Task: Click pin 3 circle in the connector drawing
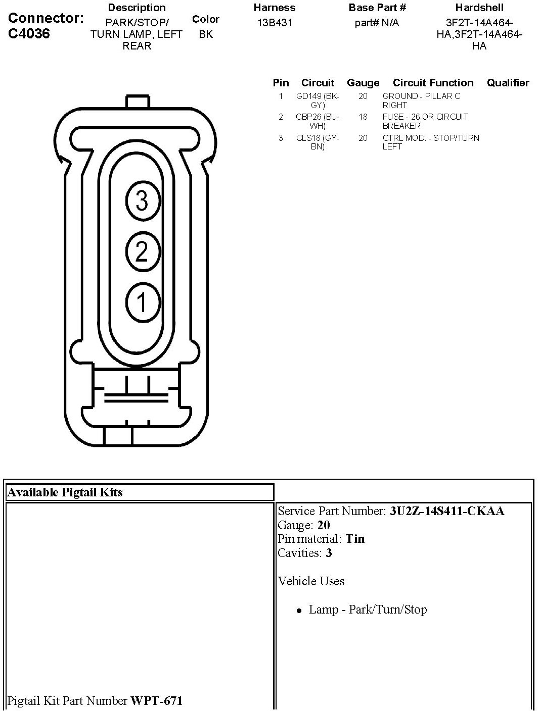142,201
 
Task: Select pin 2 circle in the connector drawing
142,251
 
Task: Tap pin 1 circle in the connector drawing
142,302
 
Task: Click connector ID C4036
29,33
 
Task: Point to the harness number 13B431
275,23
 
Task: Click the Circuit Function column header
433,83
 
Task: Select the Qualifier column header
508,83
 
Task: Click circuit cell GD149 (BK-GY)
318,100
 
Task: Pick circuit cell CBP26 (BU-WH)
318,121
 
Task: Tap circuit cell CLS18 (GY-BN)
318,142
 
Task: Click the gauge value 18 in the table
363,117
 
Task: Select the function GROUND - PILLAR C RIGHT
421,100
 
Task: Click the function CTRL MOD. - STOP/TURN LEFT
431,142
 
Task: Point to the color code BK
206,34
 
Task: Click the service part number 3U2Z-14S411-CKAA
447,511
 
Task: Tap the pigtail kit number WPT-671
157,701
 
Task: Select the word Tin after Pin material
355,539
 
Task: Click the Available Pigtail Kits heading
65,492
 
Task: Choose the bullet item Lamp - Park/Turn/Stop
368,609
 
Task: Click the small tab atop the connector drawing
138,101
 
